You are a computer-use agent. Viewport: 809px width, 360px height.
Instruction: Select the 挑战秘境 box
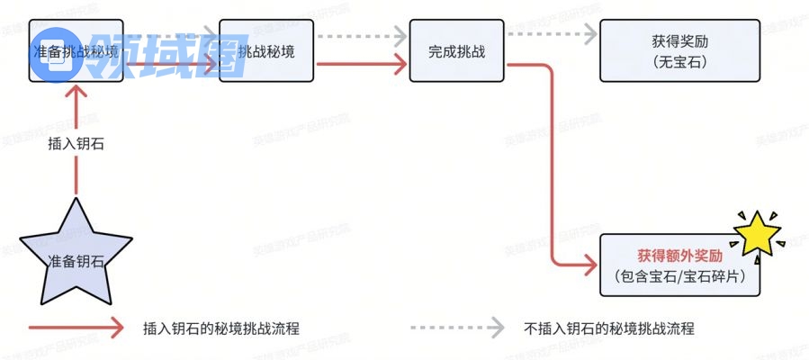pos(267,50)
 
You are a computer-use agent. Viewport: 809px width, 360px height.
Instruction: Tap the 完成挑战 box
pos(456,50)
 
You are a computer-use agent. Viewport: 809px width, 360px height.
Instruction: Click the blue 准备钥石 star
pos(76,256)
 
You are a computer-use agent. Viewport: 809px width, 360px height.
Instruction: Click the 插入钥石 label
pos(76,143)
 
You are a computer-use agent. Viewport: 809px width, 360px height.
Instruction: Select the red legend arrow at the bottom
pos(76,329)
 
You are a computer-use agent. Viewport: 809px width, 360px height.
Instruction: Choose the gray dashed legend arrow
pos(455,329)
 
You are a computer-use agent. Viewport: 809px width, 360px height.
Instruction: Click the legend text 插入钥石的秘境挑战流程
pos(220,329)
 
